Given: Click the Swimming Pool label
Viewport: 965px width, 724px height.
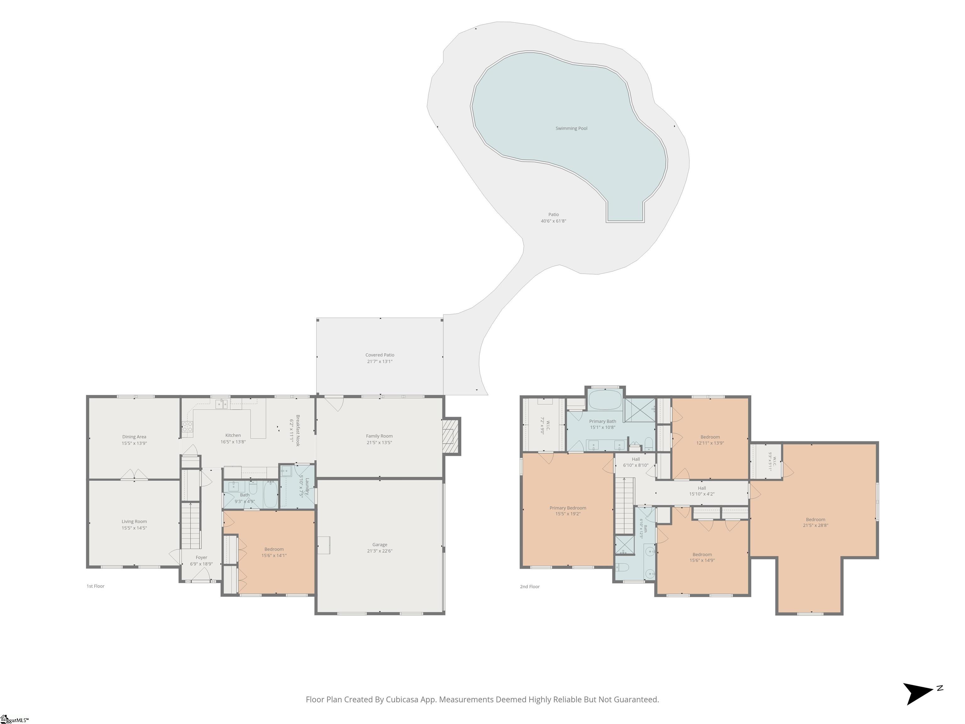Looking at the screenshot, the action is [571, 128].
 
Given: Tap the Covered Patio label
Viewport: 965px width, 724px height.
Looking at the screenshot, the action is [379, 355].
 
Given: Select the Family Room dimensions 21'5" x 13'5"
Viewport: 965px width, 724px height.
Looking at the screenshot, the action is [379, 442].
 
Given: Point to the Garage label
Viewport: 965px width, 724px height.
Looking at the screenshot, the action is [379, 545].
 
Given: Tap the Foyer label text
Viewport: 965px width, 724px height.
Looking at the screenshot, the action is [201, 557].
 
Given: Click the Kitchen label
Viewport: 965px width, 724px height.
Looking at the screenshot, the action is [233, 435].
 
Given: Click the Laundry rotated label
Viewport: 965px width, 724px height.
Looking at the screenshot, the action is [307, 486].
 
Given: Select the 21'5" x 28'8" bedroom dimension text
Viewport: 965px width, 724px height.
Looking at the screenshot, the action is [815, 525].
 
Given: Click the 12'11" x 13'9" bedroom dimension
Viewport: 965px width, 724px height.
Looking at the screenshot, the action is [710, 443].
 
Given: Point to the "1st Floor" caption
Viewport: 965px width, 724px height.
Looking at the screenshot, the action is [95, 586].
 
